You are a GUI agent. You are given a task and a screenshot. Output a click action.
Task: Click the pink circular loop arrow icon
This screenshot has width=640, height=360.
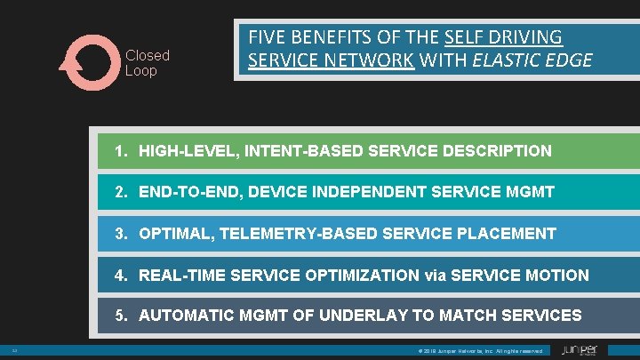click(x=87, y=63)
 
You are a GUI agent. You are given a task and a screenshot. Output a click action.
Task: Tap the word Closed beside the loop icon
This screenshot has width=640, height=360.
click(x=147, y=55)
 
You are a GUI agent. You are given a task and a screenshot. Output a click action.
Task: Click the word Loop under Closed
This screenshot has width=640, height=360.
click(x=140, y=71)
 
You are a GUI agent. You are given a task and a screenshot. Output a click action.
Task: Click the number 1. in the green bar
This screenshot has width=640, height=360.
click(x=123, y=151)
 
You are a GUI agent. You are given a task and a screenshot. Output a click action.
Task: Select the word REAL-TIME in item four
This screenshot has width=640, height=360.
click(x=182, y=276)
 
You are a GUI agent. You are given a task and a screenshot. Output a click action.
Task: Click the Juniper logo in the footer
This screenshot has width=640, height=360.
click(x=580, y=351)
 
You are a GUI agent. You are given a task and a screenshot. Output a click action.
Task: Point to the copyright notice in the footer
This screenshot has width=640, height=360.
click(x=479, y=352)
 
